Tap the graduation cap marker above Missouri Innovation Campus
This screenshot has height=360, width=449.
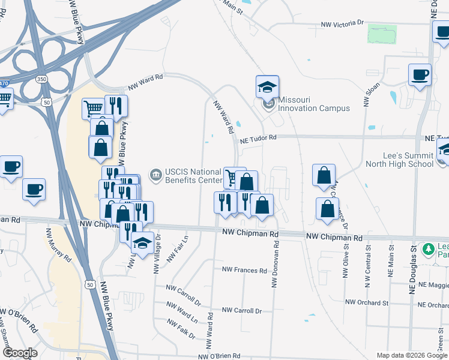(267, 88)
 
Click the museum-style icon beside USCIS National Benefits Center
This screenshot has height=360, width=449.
(156, 175)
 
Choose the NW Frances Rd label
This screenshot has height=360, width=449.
(244, 271)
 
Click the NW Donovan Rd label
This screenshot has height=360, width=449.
(275, 264)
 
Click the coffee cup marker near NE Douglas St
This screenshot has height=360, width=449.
(420, 76)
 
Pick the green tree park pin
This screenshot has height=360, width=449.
(428, 248)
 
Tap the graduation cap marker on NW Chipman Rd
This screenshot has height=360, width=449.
(142, 242)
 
